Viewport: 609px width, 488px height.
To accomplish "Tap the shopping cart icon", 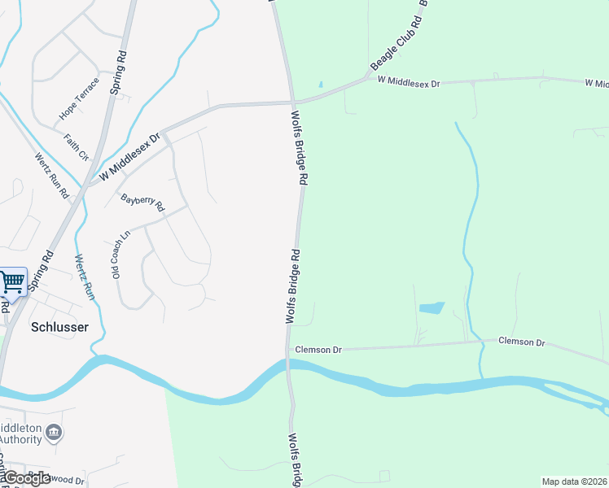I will (x=12, y=282).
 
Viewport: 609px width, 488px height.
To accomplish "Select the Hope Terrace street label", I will (x=79, y=98).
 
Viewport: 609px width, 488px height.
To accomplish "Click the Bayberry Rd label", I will (x=142, y=203).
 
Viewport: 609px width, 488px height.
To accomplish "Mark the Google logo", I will (x=27, y=477).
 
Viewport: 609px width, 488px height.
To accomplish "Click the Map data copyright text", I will (x=575, y=481).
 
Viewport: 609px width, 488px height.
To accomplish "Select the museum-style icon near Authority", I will (x=54, y=431).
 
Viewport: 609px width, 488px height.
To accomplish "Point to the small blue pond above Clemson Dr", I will (x=432, y=308).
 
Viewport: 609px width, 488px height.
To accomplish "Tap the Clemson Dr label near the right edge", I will (x=521, y=342).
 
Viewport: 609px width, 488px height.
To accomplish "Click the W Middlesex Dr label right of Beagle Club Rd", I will (x=408, y=82).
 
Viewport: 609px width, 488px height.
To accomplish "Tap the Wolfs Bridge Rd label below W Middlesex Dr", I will (x=298, y=150).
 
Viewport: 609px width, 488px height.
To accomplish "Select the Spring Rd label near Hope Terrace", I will (x=120, y=72).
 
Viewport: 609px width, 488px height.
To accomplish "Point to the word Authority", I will (x=20, y=439).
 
